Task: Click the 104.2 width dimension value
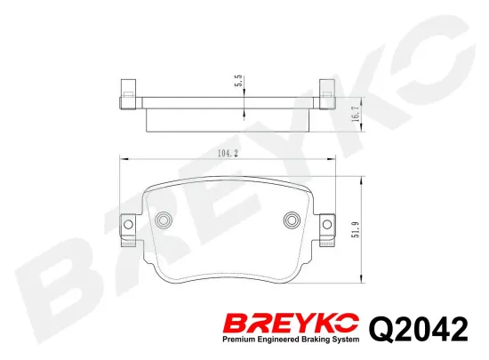(x=228, y=154)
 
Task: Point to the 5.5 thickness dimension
(x=237, y=81)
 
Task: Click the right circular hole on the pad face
(x=291, y=220)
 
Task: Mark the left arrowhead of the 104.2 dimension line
(x=123, y=160)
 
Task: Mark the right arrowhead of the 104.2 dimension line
(x=332, y=160)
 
